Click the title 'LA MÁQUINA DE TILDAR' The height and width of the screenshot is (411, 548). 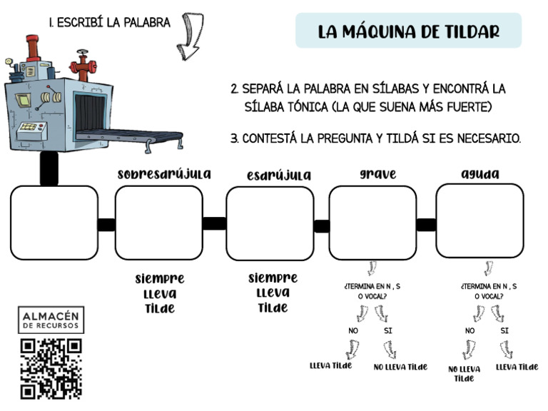point(408,31)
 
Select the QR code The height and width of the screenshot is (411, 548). point(51,367)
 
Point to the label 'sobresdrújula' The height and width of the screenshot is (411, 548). point(163,174)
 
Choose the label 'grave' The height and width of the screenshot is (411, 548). point(377,174)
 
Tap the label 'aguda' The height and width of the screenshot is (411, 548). point(479,174)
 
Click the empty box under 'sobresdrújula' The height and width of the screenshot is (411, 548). point(158,223)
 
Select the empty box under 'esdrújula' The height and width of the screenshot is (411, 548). point(270,223)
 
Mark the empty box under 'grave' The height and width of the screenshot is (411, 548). point(372,223)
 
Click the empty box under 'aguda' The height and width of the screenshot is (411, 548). point(479,221)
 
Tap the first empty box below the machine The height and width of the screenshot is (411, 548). point(54,223)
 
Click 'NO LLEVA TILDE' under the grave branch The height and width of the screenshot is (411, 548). point(400,367)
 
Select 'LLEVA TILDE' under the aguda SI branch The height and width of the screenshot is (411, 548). point(517,367)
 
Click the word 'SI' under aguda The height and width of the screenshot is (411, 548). point(504,331)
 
